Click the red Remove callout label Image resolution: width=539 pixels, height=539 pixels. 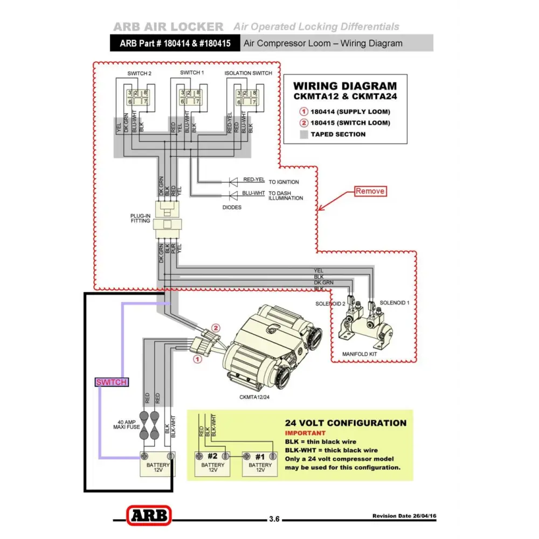pos(370,191)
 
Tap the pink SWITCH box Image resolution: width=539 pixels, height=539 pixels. pos(112,382)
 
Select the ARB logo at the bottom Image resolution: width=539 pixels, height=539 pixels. pos(149,515)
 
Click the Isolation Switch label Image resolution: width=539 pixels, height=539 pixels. pos(248,73)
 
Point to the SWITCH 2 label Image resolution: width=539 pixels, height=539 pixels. pos(140,73)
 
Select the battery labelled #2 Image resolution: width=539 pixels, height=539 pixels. pos(212,462)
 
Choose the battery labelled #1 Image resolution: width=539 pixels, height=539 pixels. pos(260,462)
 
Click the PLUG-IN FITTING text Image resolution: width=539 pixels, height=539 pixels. pos(140,218)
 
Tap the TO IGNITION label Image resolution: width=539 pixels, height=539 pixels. pos(284,182)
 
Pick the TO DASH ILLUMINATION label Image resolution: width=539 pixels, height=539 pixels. pos(286,196)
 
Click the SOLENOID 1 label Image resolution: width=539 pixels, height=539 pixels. pos(395,303)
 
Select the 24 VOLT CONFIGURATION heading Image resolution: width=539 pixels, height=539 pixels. pos(345,423)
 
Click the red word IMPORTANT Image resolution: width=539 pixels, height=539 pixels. pos(305,433)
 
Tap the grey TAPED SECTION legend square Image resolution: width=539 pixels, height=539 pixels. pos(304,134)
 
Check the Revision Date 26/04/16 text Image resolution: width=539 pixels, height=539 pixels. pos(404,516)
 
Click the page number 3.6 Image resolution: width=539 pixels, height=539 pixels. pos(274,520)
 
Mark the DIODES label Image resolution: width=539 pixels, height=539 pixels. pos(232,207)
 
